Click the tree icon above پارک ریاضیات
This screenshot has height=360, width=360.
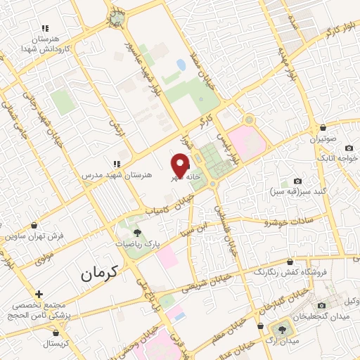click(137, 233)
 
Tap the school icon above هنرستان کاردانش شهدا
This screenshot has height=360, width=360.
click(45, 28)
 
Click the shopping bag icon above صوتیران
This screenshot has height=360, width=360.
click(322, 128)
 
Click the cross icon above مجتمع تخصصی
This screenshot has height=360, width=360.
click(39, 294)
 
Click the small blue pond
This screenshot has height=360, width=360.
click(181, 65)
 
